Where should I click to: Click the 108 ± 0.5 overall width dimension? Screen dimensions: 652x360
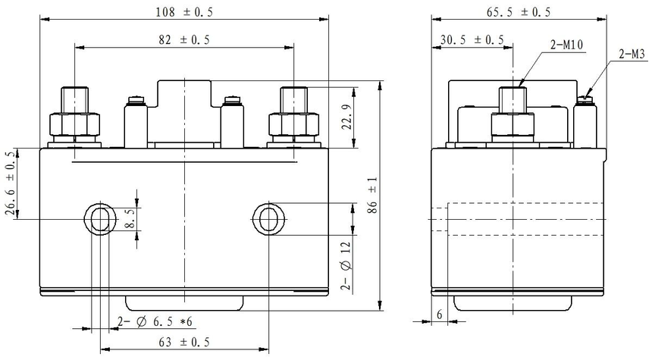[x=184, y=11]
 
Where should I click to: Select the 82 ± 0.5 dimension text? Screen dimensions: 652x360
[x=184, y=40]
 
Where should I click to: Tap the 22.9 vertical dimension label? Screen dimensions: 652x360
[x=347, y=117]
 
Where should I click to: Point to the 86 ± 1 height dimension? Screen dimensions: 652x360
[x=372, y=195]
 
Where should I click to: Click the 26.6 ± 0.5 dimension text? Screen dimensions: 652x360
[x=11, y=183]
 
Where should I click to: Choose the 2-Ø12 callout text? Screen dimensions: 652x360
[x=346, y=265]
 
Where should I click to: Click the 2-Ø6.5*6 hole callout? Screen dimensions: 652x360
[x=155, y=322]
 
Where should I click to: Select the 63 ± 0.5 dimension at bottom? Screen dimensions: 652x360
[x=184, y=342]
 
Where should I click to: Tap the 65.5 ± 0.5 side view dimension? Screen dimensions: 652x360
[x=518, y=12]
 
